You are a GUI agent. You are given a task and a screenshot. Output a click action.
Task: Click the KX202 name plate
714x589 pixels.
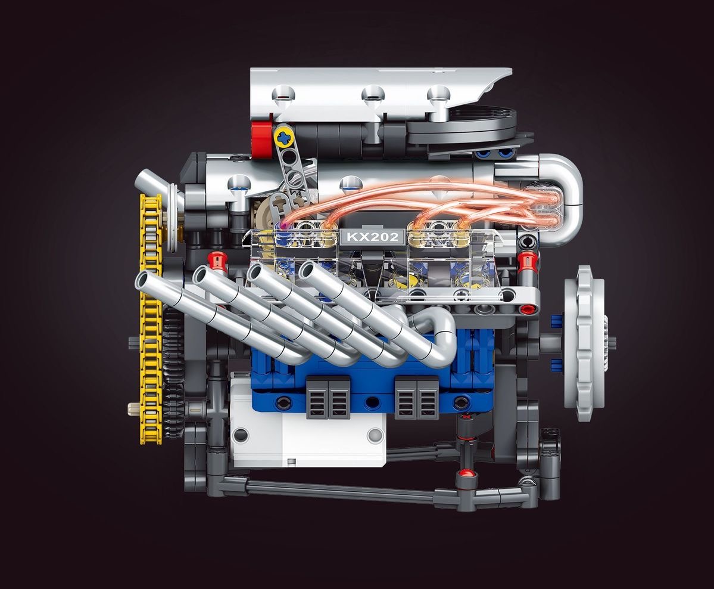pos(373,237)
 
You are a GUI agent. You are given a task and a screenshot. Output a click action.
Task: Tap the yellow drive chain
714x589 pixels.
pos(150,322)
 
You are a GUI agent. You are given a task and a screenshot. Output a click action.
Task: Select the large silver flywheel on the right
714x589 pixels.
pos(582,343)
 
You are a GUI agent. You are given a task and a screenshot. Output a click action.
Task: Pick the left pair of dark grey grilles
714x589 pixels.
pos(329,397)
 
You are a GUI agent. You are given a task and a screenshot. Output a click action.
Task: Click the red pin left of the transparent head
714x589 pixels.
pos(217,261)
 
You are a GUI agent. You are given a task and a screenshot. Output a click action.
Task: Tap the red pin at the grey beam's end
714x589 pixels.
pos(527,309)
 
